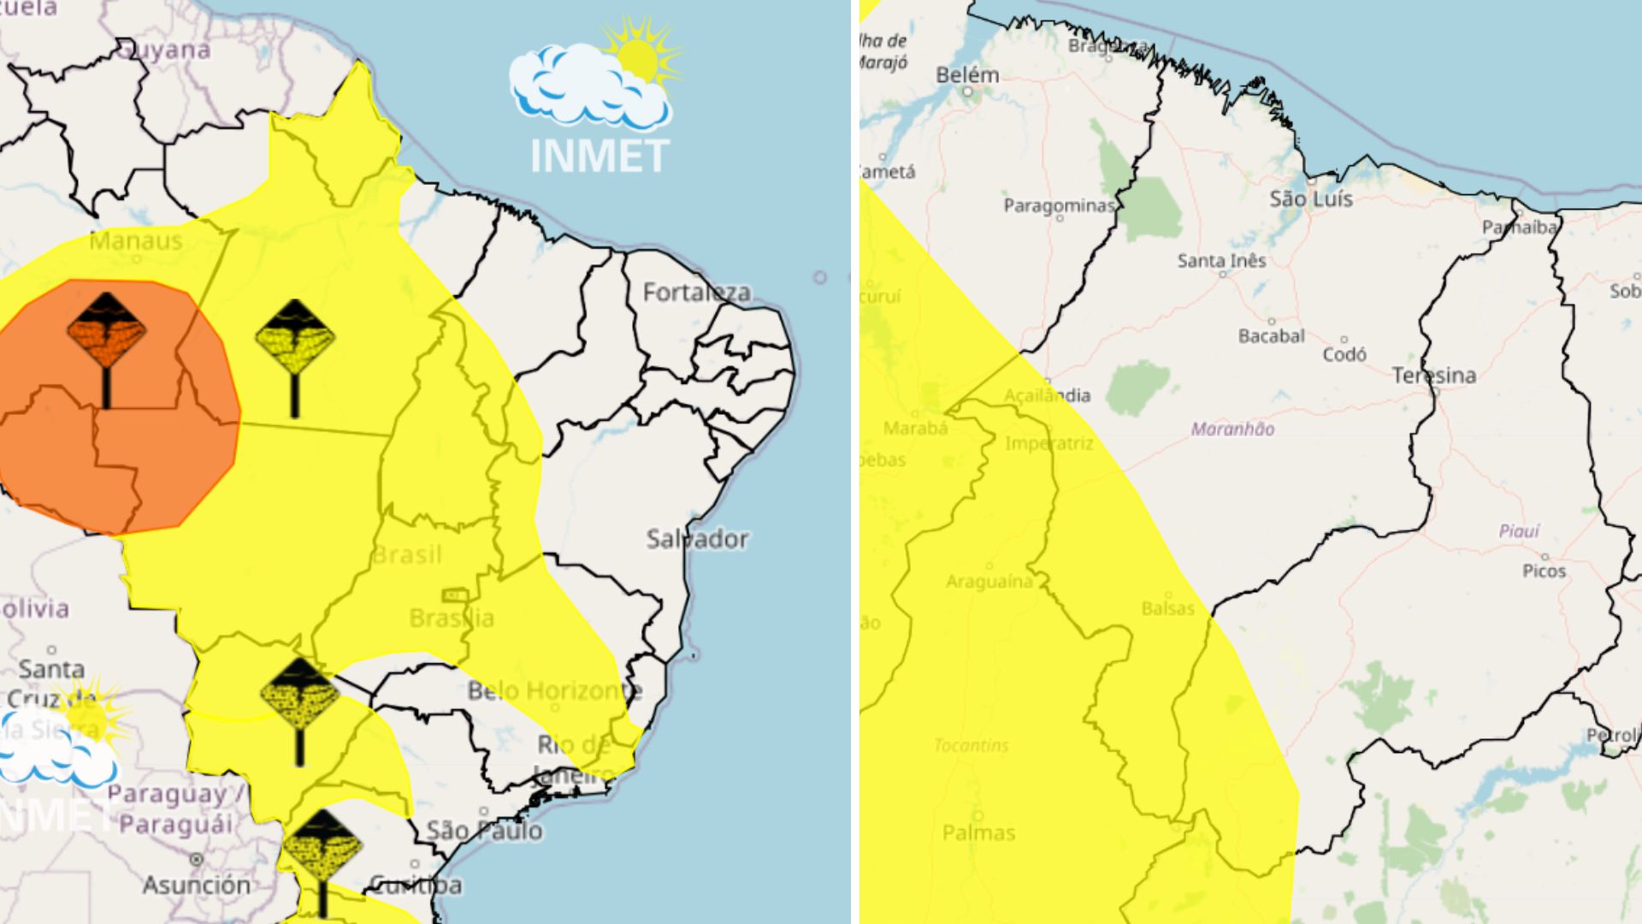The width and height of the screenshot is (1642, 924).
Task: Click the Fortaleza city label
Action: pyautogui.click(x=696, y=293)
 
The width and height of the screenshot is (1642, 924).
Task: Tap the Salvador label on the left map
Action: pyautogui.click(x=697, y=539)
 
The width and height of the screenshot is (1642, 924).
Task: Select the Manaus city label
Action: pyautogui.click(x=136, y=241)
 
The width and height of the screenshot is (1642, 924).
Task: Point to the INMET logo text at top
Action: pyautogui.click(x=599, y=157)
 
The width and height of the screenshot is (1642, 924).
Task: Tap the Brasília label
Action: pyautogui.click(x=452, y=618)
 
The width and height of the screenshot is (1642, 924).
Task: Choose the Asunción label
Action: pyautogui.click(x=197, y=885)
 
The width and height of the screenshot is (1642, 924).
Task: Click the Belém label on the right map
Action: pyautogui.click(x=967, y=75)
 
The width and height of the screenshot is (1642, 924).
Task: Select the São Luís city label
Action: pyautogui.click(x=1310, y=199)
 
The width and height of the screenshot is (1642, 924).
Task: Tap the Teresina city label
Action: pyautogui.click(x=1433, y=376)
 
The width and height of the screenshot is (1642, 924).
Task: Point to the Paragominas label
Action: pyautogui.click(x=1059, y=206)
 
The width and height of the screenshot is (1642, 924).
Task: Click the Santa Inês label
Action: pyautogui.click(x=1221, y=261)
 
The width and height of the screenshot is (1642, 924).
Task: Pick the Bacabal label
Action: pyautogui.click(x=1271, y=336)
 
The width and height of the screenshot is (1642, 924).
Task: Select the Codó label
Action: pyautogui.click(x=1344, y=354)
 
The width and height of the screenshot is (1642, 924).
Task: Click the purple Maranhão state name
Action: pyautogui.click(x=1232, y=429)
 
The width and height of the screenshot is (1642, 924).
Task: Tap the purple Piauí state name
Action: pyautogui.click(x=1519, y=531)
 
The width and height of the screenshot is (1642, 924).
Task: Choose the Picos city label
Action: pyautogui.click(x=1544, y=571)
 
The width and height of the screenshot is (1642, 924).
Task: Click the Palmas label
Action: pyautogui.click(x=978, y=832)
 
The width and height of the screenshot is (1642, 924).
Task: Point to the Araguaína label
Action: pyautogui.click(x=989, y=582)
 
